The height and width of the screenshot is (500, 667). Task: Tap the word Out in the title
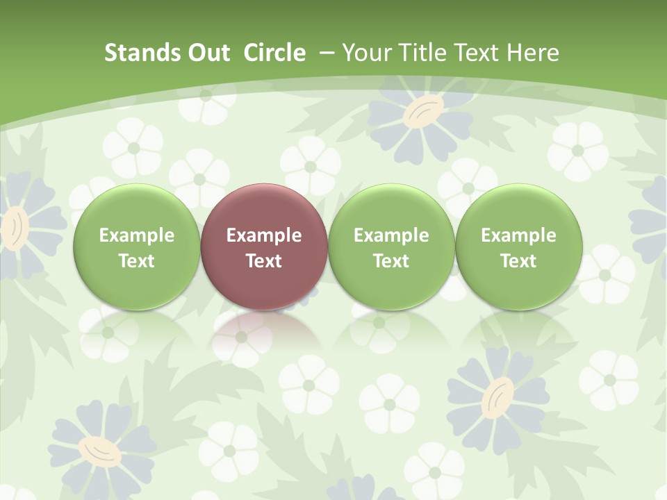[x=206, y=53]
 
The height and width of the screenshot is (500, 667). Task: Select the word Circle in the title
[x=274, y=53]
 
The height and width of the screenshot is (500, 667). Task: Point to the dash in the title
[x=326, y=53]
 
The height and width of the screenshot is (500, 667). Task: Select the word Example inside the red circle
[x=264, y=235]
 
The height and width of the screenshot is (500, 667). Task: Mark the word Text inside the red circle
[x=264, y=261]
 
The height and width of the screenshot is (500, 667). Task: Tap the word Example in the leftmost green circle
[x=137, y=235]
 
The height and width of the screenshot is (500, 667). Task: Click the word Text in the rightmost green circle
[x=519, y=261]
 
